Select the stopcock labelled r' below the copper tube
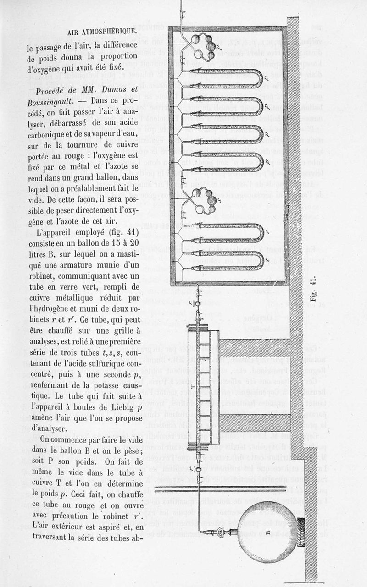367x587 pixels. [198, 469]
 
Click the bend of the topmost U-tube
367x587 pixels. [259, 78]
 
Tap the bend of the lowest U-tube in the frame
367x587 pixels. [260, 259]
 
